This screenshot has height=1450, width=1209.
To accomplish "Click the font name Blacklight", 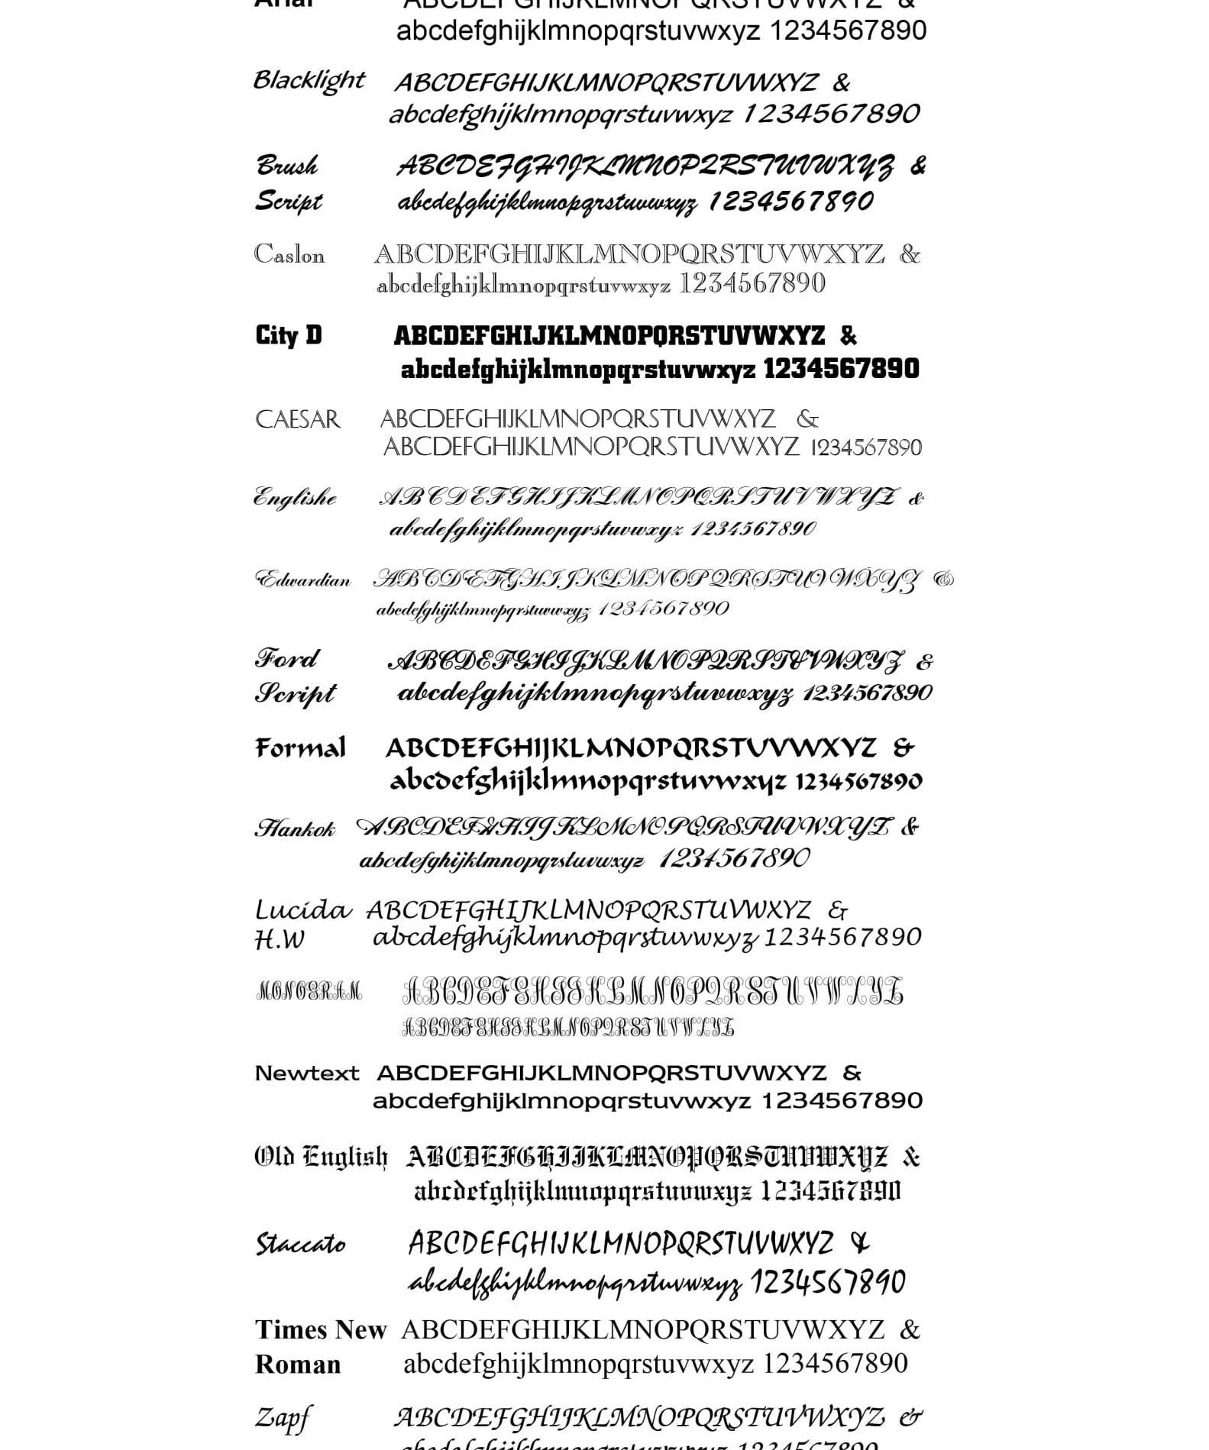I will coord(309,80).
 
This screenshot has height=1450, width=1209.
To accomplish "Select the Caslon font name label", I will coord(289,254).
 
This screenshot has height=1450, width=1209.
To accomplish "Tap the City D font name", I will coord(289,335).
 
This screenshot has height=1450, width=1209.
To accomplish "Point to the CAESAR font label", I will coord(298,419).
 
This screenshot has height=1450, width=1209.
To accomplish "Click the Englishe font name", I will coord(296,498).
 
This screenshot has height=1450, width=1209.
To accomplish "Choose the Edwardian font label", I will coord(303,580).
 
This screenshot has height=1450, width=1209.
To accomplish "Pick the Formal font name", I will coord(300,748).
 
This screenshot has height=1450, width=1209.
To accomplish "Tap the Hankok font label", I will coord(295,828).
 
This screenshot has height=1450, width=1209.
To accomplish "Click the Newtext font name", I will coord(306,1074).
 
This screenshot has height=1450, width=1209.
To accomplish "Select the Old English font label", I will coord(321,1158).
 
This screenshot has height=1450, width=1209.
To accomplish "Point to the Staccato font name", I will coord(300,1245).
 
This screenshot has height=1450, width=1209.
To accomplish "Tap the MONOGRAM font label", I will coord(309,993).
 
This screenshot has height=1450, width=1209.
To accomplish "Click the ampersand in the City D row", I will coord(848,336).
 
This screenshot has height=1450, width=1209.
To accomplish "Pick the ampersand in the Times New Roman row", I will coord(909,1330).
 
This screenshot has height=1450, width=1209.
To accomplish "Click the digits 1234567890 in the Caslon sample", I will coord(752,284).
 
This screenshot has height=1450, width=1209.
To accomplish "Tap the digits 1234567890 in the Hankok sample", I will coord(733,859).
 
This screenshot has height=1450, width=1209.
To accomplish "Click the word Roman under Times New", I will coord(298,1364).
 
